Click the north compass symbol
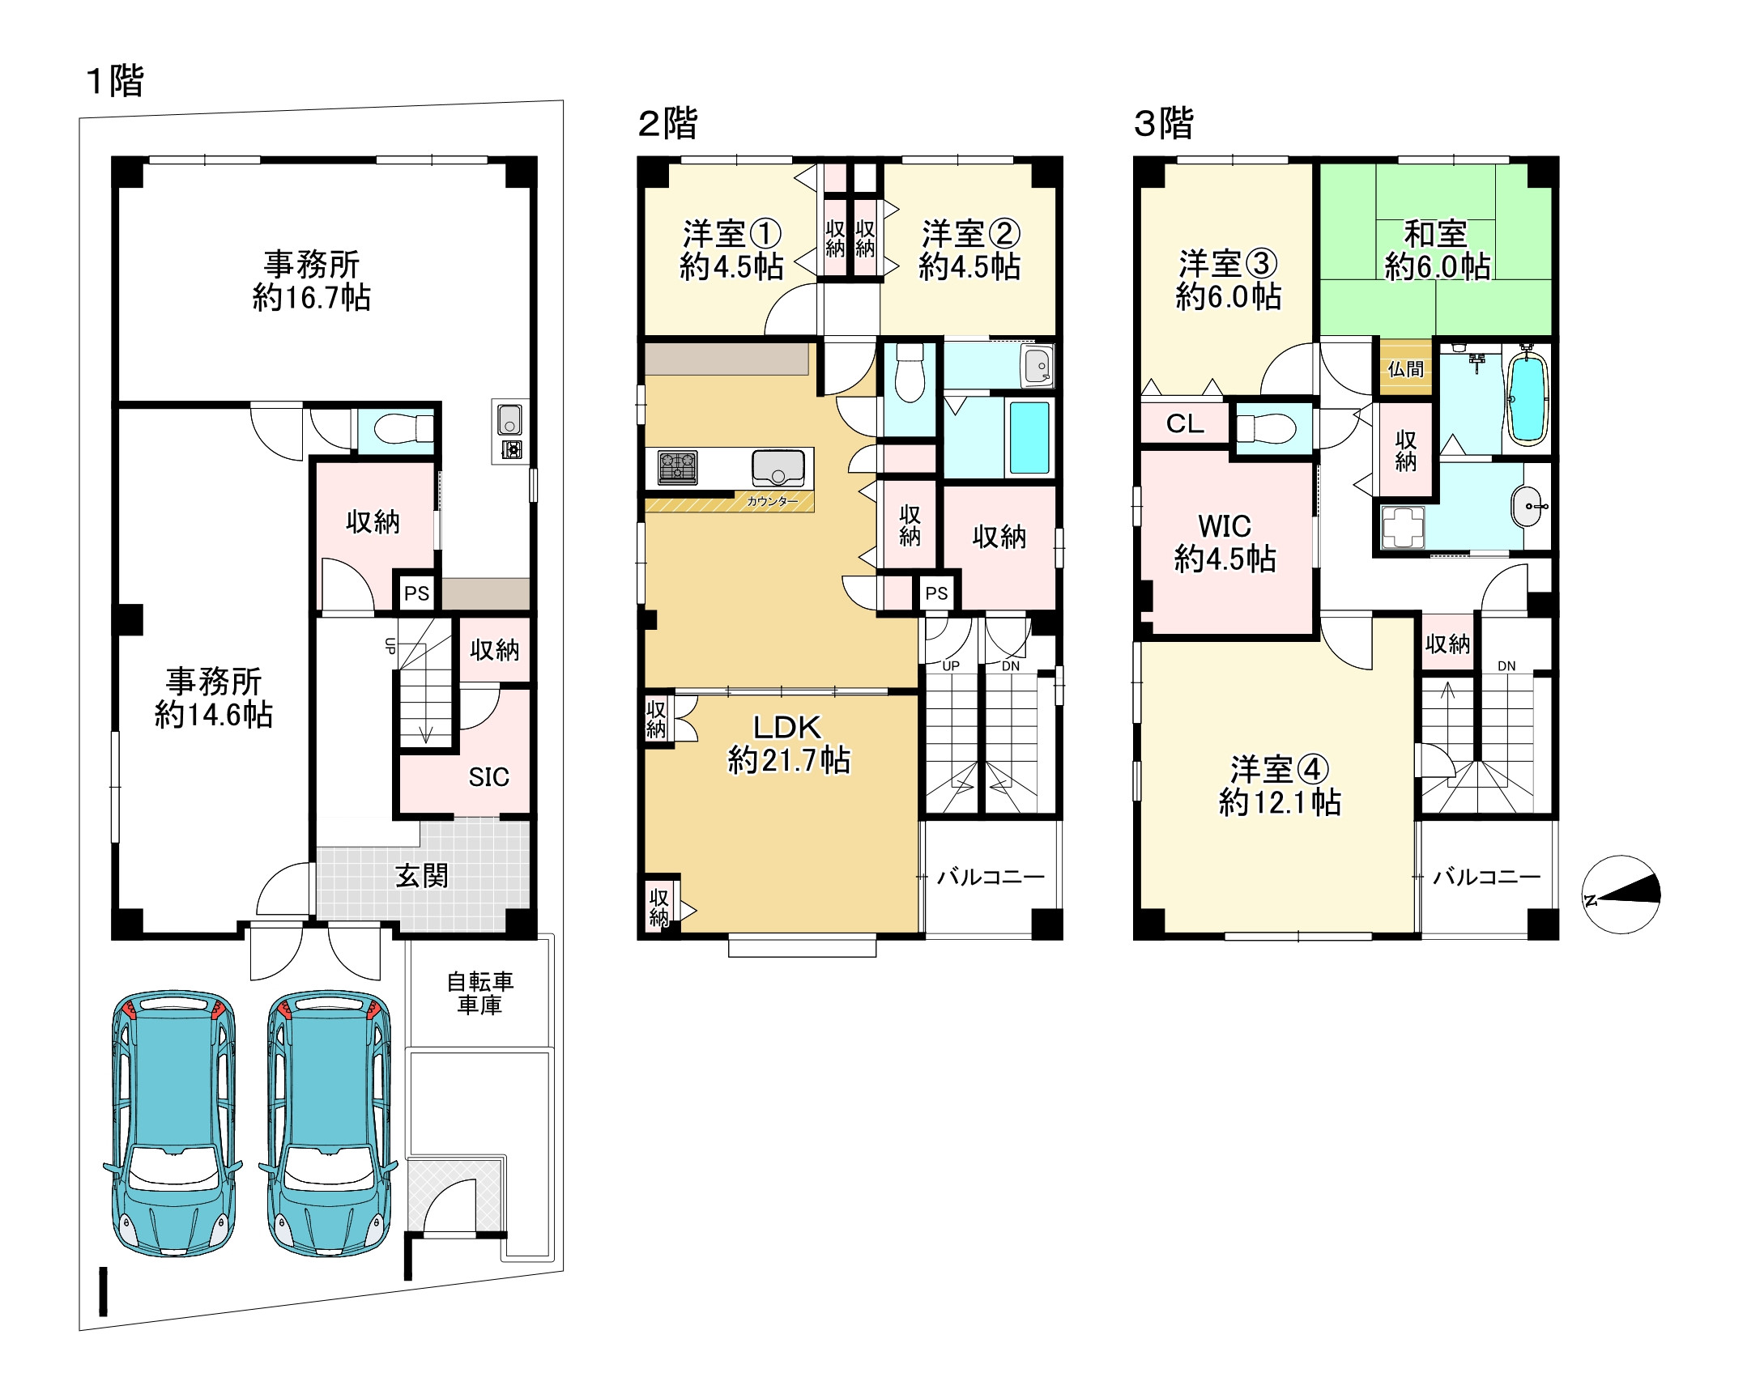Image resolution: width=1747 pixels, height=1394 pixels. pos(1621,895)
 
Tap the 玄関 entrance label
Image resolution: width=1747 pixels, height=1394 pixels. pos(421,876)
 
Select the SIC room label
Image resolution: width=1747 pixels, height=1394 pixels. pos(488,777)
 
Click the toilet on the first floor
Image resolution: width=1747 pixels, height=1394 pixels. pos(404,429)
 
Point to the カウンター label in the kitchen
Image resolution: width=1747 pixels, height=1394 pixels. pos(771,501)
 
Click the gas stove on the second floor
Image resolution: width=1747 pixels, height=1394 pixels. pos(677,467)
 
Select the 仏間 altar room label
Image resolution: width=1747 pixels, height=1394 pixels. pos(1406,369)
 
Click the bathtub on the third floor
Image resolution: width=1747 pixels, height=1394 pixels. pos(1527,398)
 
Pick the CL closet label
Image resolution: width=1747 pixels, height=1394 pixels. pos(1185,423)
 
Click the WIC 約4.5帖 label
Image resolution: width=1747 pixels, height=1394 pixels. pos(1225,542)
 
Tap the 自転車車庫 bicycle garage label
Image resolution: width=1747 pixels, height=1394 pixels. pos(479,993)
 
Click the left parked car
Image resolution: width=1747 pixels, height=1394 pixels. pos(173,1122)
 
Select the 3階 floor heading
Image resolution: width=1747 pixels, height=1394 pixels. pos(1163,124)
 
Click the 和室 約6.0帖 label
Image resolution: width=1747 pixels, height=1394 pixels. pos(1437,249)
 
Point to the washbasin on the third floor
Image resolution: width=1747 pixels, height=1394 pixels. pos(1528,506)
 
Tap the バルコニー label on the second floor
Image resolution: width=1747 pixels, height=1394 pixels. pos(991,877)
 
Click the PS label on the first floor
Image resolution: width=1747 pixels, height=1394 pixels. pos(416,593)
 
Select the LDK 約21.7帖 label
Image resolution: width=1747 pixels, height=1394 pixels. pos(788,744)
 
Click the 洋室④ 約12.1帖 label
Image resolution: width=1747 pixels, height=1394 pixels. pos(1280,785)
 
